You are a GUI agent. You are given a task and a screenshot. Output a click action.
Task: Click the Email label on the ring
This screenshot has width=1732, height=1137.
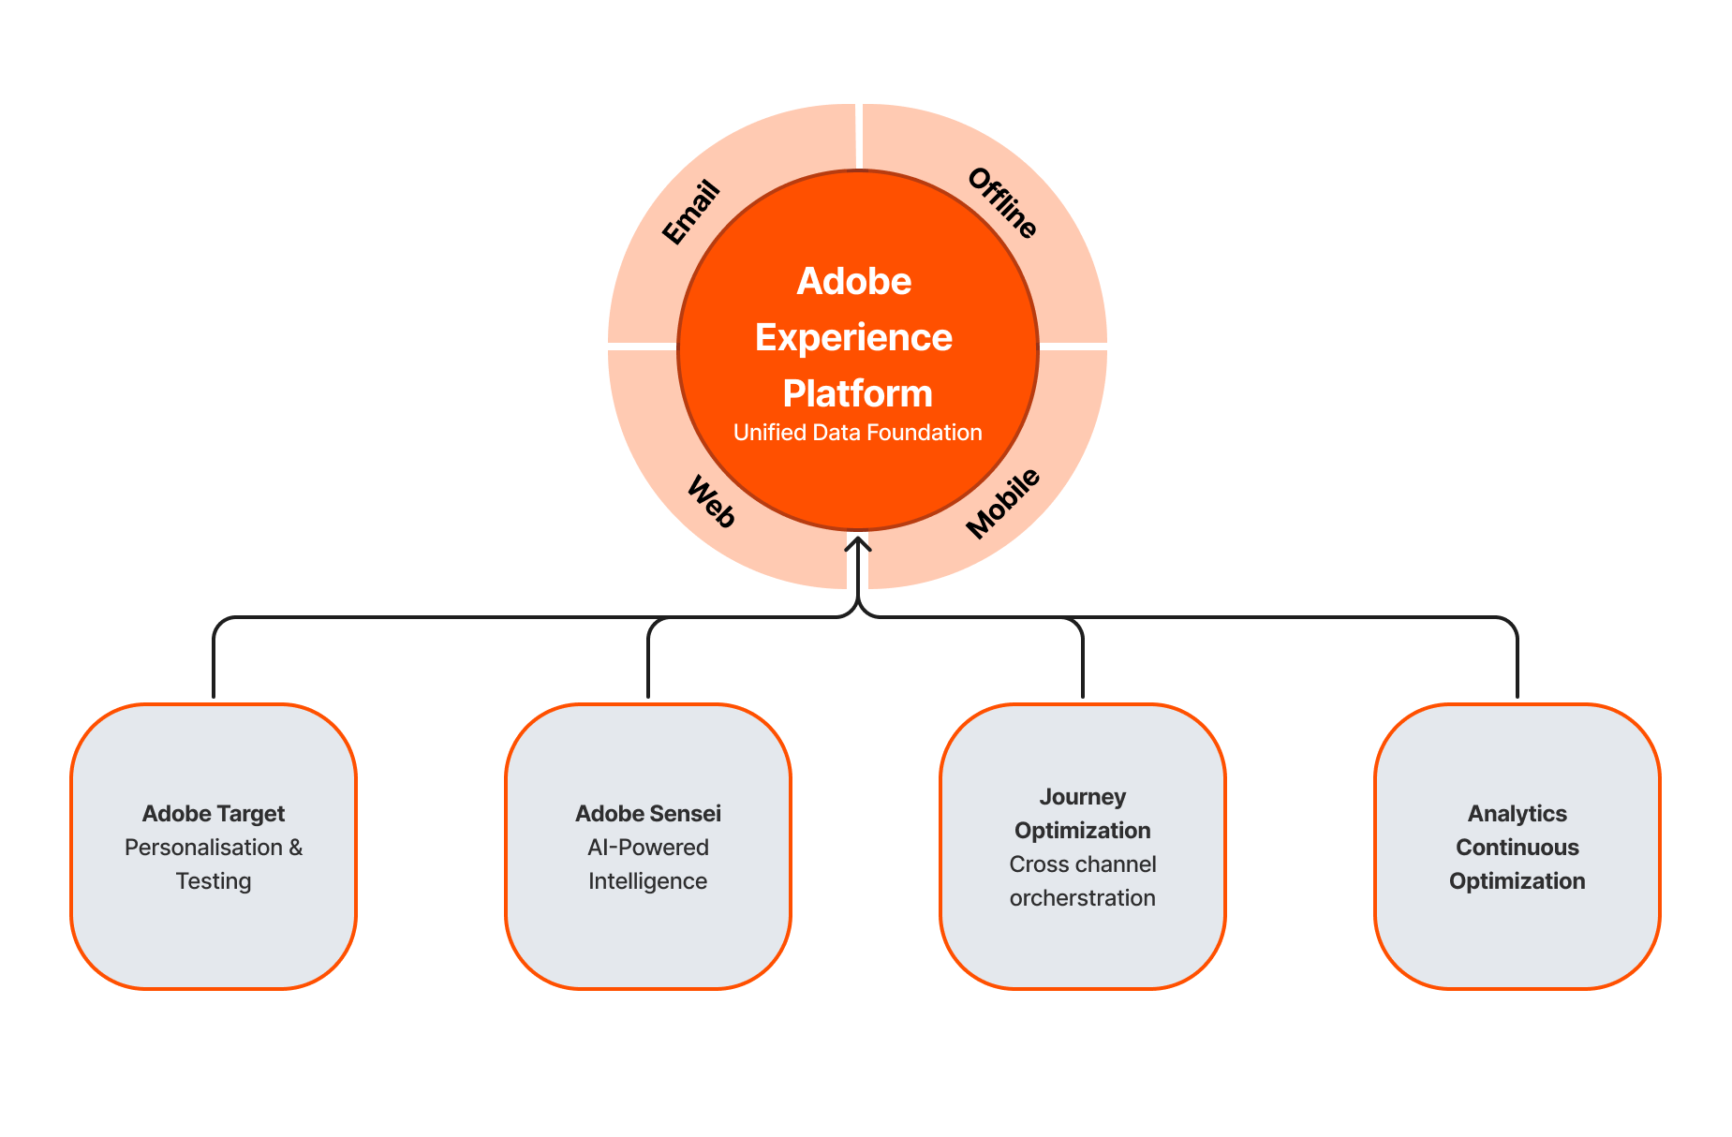[691, 213]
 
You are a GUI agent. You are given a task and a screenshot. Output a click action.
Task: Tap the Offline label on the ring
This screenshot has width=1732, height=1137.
[1002, 203]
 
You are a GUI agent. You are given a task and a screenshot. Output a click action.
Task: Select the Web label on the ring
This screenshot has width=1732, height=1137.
[711, 502]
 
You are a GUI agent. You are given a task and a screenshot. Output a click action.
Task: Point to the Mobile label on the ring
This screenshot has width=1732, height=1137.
[1002, 503]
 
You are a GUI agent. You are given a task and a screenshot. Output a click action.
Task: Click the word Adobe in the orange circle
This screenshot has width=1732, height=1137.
[853, 281]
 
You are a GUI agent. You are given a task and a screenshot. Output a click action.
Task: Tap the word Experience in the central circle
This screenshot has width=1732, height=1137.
[853, 337]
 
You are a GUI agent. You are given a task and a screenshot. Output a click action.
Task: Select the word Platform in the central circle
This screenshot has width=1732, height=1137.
[857, 393]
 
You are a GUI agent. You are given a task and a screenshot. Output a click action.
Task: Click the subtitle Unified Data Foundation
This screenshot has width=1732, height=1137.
[857, 433]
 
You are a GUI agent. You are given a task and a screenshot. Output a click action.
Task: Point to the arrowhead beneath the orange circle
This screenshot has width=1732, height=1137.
[858, 543]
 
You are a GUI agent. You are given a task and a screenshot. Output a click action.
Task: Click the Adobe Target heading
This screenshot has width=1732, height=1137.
[214, 814]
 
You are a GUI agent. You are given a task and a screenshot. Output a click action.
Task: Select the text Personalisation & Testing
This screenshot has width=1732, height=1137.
[214, 864]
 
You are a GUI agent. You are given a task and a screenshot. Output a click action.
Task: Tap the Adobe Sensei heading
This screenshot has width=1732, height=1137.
[648, 814]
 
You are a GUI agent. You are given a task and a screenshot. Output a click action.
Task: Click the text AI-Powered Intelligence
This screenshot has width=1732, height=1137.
[648, 864]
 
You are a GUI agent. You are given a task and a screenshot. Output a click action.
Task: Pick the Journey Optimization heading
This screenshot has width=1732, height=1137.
[1083, 813]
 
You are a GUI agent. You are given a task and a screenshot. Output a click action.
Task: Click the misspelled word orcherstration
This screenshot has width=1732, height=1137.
[1083, 898]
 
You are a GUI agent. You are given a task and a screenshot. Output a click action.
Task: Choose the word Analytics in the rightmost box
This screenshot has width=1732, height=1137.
[1517, 814]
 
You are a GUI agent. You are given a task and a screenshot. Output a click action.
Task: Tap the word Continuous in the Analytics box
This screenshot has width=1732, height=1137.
[1517, 848]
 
